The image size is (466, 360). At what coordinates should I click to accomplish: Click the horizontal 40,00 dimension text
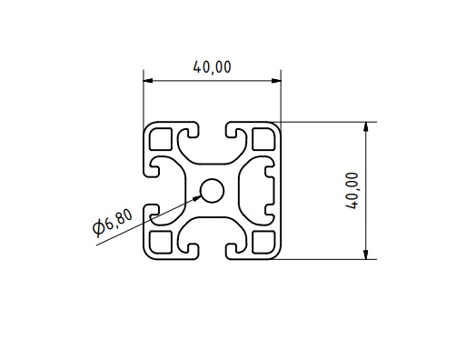(x=212, y=67)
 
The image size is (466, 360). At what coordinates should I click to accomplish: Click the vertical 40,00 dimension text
(x=352, y=191)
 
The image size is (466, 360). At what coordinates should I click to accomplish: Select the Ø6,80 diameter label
(x=113, y=223)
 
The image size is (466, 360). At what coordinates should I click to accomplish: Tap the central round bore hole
(x=213, y=191)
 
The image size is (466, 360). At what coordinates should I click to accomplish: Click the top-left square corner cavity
(x=161, y=139)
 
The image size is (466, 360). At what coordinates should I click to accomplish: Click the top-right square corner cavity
(x=263, y=139)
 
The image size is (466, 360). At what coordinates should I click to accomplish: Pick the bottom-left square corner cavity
(x=161, y=242)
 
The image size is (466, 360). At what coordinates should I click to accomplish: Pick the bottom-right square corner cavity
(x=263, y=242)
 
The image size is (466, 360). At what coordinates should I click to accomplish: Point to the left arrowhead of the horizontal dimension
(x=148, y=81)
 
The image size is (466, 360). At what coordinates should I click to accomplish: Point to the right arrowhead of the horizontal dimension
(x=276, y=81)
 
